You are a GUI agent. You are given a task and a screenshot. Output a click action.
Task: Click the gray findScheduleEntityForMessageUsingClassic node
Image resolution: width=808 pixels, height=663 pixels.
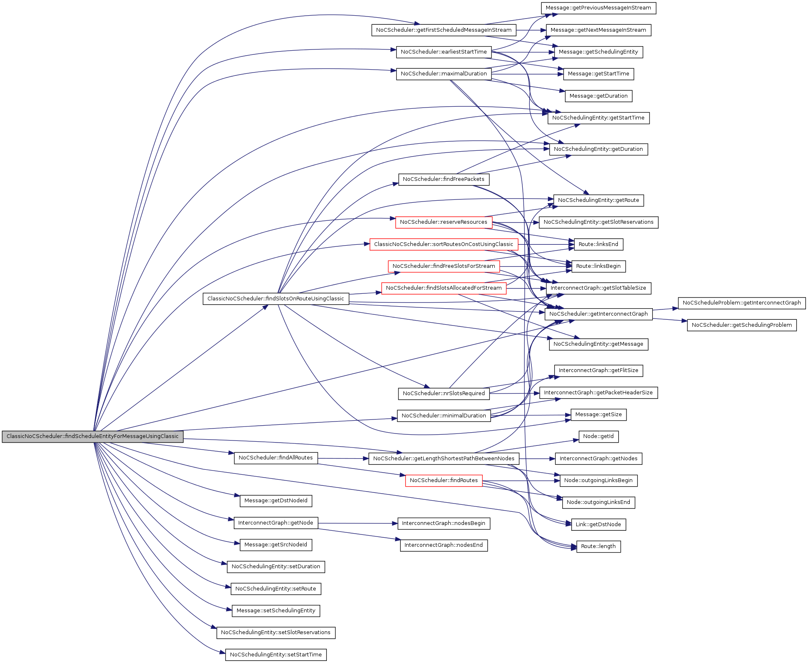pyautogui.click(x=93, y=436)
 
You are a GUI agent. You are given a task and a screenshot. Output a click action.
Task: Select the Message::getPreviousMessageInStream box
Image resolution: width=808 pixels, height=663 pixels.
pyautogui.click(x=598, y=8)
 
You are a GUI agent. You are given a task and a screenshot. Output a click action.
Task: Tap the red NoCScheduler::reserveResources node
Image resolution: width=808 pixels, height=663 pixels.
pyautogui.click(x=443, y=222)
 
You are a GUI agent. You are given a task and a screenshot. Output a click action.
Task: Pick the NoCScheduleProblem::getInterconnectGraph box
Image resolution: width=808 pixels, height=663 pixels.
pyautogui.click(x=741, y=303)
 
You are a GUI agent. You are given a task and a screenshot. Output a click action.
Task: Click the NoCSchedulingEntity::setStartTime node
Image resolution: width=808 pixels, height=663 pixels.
pyautogui.click(x=276, y=655)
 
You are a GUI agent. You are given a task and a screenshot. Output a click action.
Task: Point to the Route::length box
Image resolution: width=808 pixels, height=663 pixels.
pyautogui.click(x=598, y=546)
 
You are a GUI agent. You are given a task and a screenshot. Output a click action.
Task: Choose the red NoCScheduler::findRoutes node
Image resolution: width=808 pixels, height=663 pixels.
pyautogui.click(x=443, y=480)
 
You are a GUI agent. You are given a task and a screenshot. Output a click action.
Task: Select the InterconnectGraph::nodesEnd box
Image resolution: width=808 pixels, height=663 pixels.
pyautogui.click(x=443, y=545)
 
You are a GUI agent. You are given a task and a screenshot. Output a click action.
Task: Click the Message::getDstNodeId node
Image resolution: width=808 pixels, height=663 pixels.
pyautogui.click(x=276, y=501)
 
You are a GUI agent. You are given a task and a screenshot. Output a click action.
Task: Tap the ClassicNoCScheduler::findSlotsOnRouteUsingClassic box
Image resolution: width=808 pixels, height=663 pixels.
pyautogui.click(x=275, y=299)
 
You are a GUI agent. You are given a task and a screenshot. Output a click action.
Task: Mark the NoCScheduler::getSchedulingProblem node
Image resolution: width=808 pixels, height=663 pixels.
pyautogui.click(x=741, y=325)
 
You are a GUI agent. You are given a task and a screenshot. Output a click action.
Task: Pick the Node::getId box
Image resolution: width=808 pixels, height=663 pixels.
pyautogui.click(x=598, y=436)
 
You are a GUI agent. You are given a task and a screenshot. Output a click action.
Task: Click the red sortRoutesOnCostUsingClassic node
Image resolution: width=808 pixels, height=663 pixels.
pyautogui.click(x=443, y=244)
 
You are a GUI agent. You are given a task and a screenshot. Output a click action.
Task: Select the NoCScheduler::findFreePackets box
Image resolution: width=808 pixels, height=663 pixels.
pyautogui.click(x=443, y=179)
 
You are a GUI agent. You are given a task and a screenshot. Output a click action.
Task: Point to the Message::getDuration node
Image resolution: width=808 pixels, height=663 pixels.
pyautogui.click(x=598, y=96)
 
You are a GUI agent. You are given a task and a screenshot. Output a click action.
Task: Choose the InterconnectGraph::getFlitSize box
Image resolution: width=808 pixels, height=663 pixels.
pyautogui.click(x=598, y=370)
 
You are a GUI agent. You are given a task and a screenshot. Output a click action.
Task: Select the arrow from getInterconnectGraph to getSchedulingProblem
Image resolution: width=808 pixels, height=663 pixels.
pyautogui.click(x=670, y=320)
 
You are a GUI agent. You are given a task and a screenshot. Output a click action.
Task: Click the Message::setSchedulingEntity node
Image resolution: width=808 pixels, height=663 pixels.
pyautogui.click(x=276, y=611)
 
